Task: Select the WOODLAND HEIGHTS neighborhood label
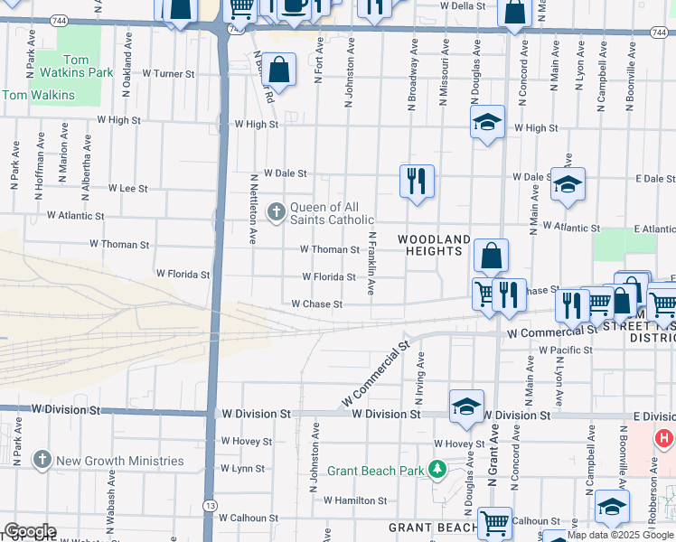434,245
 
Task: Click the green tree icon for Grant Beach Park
437,470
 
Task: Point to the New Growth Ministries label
119,461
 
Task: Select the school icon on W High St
487,123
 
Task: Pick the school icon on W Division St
466,406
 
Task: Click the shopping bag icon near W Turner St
280,70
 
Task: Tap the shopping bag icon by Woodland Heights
490,256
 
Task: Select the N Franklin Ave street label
371,263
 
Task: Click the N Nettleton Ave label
254,210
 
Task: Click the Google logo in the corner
29,531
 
